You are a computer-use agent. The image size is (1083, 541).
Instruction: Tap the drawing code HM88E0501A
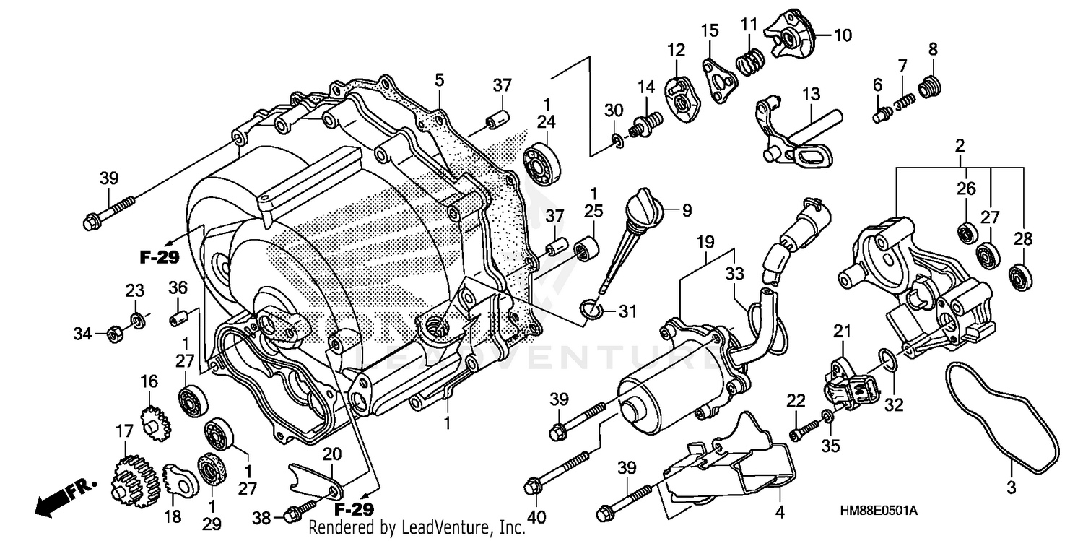click(878, 511)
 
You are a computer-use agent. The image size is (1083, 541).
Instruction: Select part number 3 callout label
click(1011, 488)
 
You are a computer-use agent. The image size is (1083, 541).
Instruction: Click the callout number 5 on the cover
click(439, 79)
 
